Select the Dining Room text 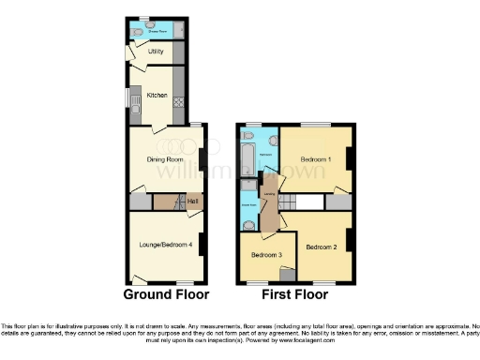pos(165,158)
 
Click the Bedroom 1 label pos(316,159)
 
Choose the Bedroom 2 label pos(322,247)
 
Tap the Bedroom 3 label pos(266,255)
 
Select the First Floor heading pos(295,293)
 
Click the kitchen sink pos(137,110)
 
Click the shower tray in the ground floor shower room pos(177,30)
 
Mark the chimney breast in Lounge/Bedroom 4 pos(201,242)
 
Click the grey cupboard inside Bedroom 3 pos(287,273)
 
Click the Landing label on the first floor pos(270,195)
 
